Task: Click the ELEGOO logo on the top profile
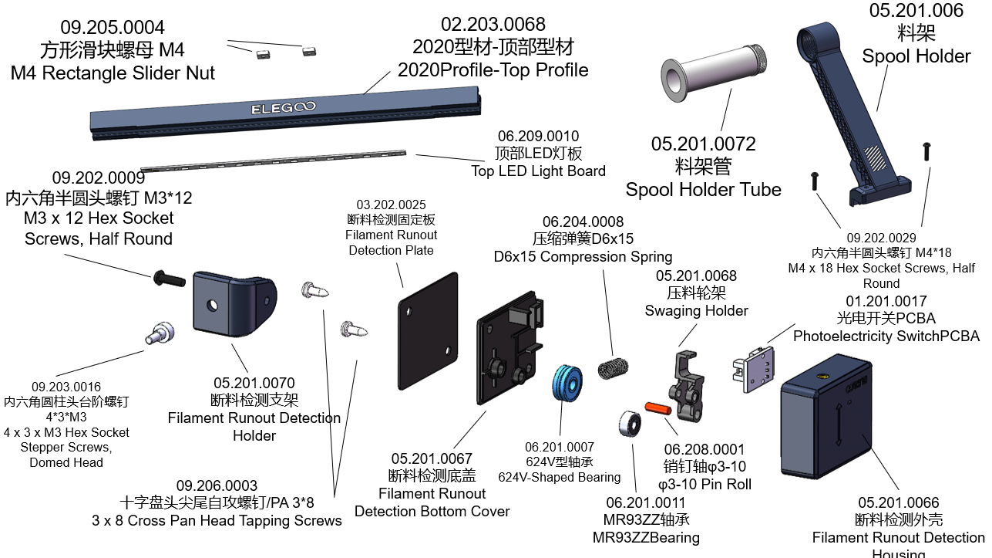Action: click(283, 108)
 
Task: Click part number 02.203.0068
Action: click(493, 25)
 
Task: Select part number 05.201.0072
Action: click(703, 144)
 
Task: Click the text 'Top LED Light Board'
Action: click(538, 171)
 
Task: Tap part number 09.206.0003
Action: click(217, 485)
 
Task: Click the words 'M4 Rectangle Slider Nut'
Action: click(113, 73)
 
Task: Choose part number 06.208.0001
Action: click(704, 449)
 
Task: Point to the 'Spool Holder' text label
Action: click(916, 56)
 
